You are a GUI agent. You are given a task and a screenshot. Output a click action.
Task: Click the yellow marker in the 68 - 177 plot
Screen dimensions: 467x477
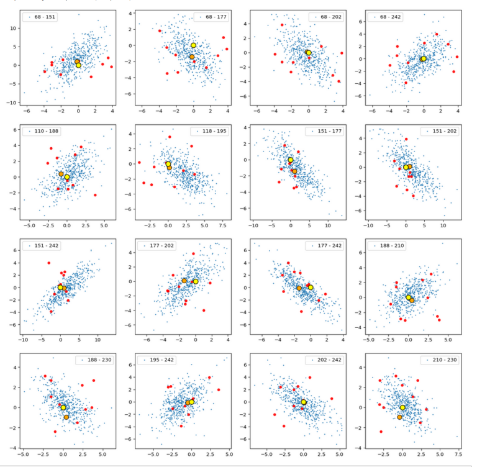click(x=194, y=45)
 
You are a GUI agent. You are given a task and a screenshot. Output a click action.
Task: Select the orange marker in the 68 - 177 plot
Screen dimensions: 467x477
click(x=192, y=57)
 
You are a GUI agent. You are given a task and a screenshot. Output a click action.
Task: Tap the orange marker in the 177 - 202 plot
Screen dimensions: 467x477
click(x=184, y=281)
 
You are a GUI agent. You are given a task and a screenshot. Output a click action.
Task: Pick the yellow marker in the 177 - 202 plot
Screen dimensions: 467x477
click(x=195, y=281)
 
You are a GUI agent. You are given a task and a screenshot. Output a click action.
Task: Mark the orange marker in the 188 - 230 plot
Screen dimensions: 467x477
click(x=66, y=417)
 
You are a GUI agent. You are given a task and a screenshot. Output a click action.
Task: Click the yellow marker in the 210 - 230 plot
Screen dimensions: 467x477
click(x=402, y=407)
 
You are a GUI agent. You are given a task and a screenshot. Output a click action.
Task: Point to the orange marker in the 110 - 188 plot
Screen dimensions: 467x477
click(x=61, y=174)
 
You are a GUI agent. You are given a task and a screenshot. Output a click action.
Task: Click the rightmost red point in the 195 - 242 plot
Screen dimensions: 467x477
click(x=219, y=390)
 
